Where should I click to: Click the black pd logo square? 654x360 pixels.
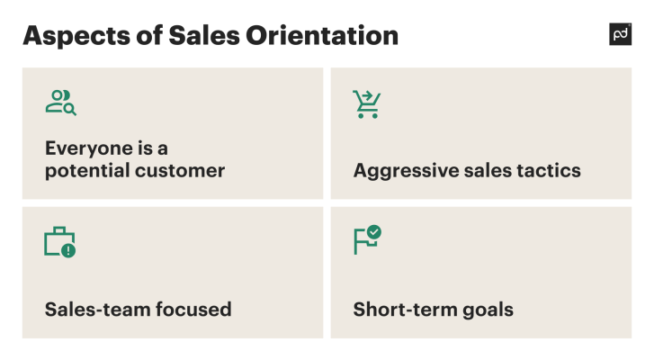(620, 34)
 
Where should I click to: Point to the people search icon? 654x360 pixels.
(60, 103)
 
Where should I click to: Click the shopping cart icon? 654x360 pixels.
(366, 104)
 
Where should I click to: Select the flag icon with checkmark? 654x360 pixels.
(367, 240)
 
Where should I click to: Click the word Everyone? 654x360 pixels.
(86, 148)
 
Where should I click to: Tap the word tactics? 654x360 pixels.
(549, 170)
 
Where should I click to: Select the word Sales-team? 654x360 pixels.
(97, 310)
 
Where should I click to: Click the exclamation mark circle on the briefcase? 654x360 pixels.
(68, 250)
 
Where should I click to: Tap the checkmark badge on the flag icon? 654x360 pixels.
(374, 232)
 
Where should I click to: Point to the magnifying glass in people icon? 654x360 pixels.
(69, 109)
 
